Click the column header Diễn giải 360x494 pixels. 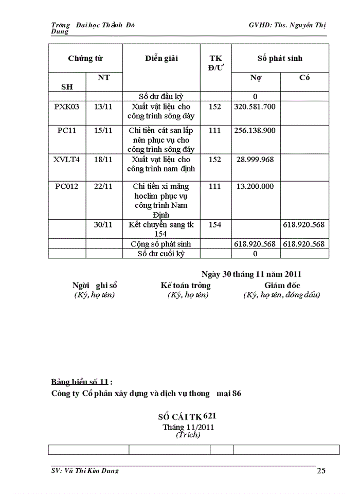[x=161, y=58]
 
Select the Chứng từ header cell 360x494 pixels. [x=85, y=58]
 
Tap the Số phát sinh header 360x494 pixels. [x=280, y=58]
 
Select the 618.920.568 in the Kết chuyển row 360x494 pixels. [x=303, y=225]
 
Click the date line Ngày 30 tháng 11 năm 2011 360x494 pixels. [x=251, y=274]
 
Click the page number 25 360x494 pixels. [x=321, y=470]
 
